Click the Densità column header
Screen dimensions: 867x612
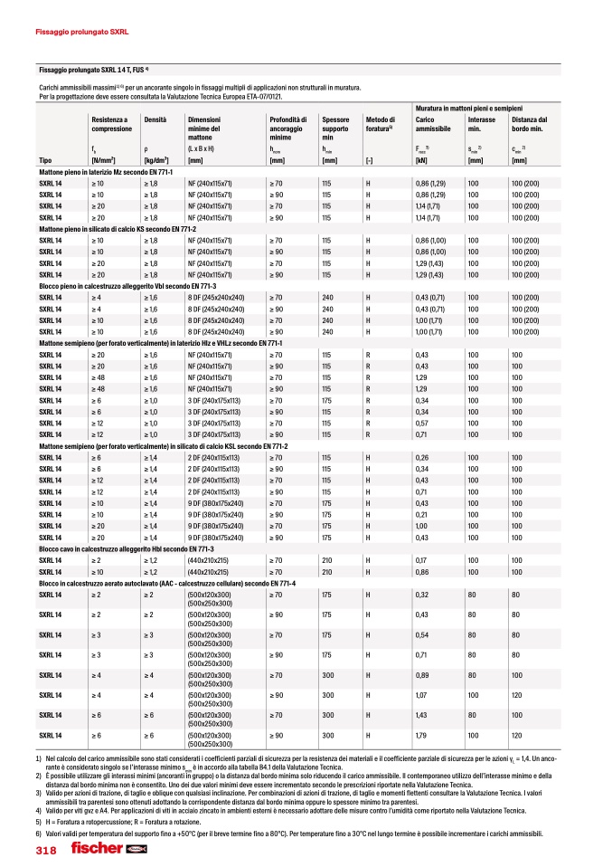(155, 119)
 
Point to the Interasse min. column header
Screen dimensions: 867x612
(482, 124)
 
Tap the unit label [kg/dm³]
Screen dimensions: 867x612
(159, 160)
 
